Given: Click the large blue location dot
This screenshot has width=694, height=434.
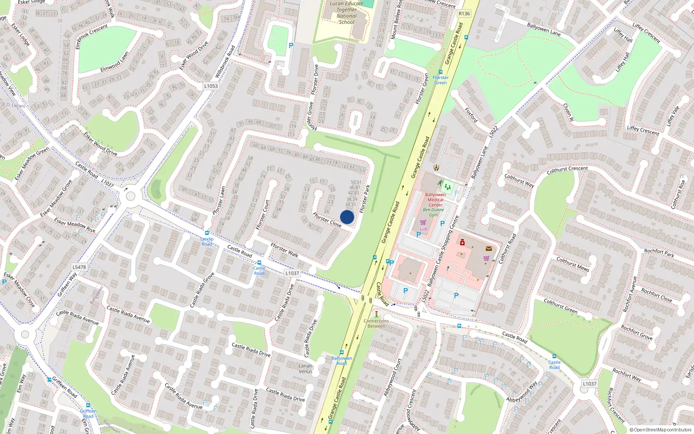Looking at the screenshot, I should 347,217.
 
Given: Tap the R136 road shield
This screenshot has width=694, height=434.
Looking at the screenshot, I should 464,13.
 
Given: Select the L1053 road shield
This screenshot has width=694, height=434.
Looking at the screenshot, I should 211,86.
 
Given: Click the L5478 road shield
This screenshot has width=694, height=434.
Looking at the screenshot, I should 79,267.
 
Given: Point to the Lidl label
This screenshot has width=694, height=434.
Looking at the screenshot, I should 423,229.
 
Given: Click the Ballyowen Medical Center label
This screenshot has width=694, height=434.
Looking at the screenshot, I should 435,200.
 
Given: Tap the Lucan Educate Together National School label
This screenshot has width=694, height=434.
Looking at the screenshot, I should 346,13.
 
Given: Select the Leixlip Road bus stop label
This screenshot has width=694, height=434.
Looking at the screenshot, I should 207,241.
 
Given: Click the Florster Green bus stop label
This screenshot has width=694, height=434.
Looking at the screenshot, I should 440,80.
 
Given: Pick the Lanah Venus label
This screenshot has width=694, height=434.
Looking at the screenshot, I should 305,368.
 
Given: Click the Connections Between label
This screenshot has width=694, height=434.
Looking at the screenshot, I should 376,323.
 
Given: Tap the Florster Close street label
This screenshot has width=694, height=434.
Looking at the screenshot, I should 327,220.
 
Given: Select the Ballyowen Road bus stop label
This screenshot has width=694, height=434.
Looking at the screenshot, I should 342,361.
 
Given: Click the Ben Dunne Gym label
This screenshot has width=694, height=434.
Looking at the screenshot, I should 433,212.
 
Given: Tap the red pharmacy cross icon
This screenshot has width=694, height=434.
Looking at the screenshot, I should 462,243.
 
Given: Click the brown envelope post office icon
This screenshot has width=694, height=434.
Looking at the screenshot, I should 489,249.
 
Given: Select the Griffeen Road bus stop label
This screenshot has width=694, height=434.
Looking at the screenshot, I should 88,414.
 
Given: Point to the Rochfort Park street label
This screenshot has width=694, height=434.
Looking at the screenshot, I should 659,253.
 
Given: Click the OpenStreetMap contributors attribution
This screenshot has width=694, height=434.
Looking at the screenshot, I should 660,430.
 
